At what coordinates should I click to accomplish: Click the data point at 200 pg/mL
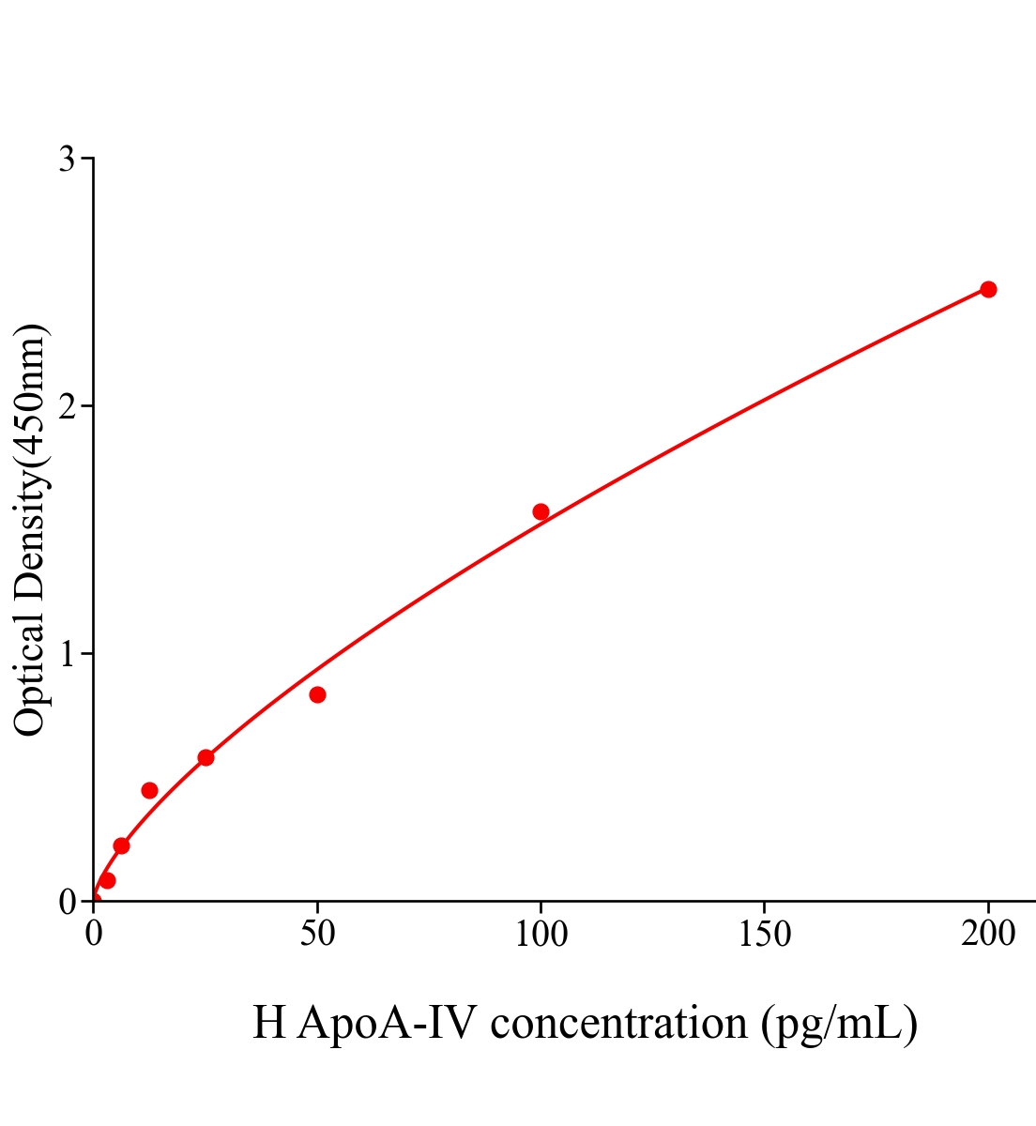pos(987,289)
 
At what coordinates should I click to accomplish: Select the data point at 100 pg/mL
pos(541,511)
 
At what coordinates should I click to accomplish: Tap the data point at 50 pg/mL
pos(317,694)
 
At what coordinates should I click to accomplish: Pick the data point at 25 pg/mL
pos(206,757)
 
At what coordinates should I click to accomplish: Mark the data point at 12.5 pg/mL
pos(149,790)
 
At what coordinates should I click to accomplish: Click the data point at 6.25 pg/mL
pos(121,845)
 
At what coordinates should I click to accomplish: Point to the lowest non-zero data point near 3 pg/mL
pos(107,880)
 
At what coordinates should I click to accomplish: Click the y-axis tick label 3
pos(67,160)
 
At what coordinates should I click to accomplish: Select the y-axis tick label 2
pos(67,406)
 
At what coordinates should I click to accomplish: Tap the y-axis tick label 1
pos(67,654)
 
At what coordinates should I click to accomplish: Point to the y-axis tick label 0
pos(67,902)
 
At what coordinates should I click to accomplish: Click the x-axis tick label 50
pos(317,935)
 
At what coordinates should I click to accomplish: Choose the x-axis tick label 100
pos(541,935)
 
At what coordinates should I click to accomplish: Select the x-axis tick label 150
pos(764,935)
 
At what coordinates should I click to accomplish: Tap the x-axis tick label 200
pos(987,935)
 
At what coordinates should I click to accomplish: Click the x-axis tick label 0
pos(94,935)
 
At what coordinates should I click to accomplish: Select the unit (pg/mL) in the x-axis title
pos(839,1023)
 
